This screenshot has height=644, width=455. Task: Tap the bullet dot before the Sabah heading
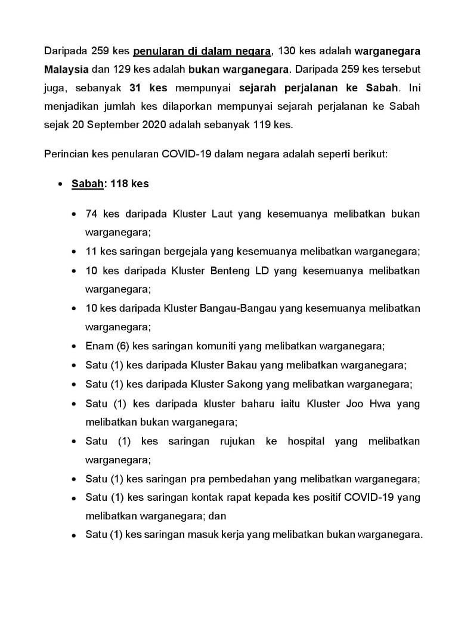pyautogui.click(x=61, y=184)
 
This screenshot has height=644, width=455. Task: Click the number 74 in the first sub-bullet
pyautogui.click(x=91, y=214)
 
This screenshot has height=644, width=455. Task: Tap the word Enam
pyautogui.click(x=97, y=345)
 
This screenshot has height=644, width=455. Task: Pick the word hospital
pyautogui.click(x=306, y=441)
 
